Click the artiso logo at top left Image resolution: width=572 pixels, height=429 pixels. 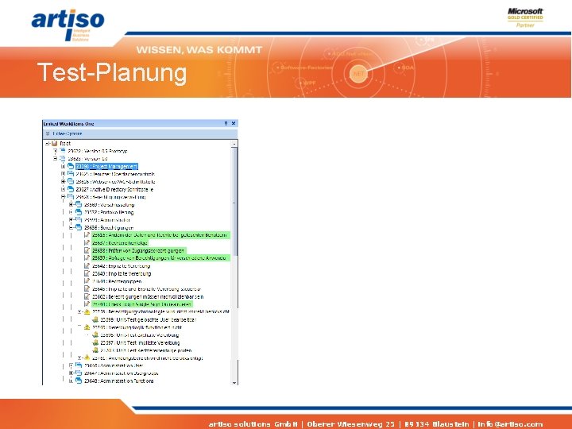pos(68,24)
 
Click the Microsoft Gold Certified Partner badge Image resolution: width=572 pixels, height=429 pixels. pos(525,17)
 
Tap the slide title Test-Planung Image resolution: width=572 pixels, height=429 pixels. pos(112,73)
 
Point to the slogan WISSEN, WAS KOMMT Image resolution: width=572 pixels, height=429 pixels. pos(199,49)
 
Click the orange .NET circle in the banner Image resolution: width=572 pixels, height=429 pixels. pos(358,73)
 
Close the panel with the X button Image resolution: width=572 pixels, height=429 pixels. pos(234,124)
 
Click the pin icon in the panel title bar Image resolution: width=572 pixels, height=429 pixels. pos(226,124)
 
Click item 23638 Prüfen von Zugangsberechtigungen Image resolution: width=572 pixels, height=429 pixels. pos(135,250)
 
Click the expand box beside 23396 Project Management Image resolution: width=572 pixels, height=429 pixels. pos(63,166)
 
